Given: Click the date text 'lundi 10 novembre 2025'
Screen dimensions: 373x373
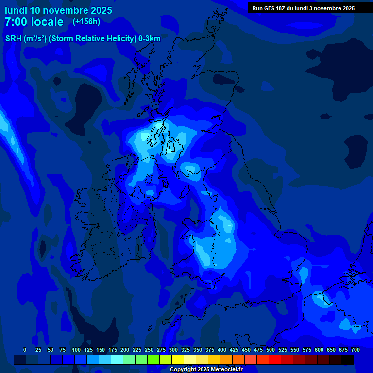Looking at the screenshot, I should pos(58,10).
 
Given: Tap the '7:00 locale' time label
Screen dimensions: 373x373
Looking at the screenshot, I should pos(34,22).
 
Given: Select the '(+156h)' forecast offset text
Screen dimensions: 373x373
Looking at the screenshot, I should pos(86,22).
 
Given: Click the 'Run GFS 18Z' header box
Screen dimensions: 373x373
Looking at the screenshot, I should pos(304,8).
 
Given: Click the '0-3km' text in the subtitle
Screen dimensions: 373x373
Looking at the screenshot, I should pos(149,39).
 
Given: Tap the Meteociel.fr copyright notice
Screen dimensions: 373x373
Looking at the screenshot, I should pos(206,370).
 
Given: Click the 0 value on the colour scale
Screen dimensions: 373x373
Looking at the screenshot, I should pos(25,350).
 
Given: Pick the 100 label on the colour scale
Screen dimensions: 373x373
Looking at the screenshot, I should pos(76,350).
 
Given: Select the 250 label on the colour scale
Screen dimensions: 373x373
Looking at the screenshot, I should pos(149,350).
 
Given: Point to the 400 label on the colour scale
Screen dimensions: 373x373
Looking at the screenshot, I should pos(222,350).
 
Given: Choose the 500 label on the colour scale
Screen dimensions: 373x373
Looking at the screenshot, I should pos(271,350).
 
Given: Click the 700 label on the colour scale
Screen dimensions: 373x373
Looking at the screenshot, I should pos(355,350).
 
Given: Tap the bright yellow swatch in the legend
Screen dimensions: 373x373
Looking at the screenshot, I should pos(178,359).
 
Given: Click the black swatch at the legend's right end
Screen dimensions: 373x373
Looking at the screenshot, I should pos(348,359).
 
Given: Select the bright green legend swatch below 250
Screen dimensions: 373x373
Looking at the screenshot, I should pos(153,359).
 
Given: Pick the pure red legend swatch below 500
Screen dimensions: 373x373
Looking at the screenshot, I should pos(275,359).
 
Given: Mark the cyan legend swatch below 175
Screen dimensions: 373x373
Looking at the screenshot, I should pos(117,359).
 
